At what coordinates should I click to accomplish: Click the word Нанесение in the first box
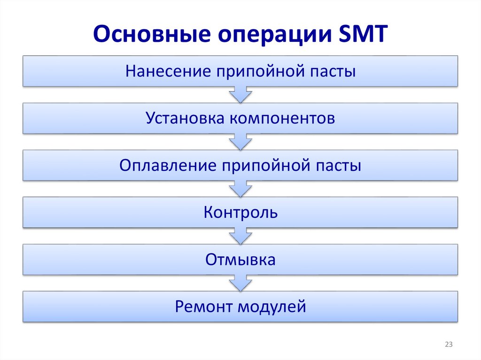(163, 71)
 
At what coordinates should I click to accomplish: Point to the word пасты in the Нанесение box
(334, 72)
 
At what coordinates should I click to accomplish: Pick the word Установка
(185, 118)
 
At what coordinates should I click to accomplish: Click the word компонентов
(282, 119)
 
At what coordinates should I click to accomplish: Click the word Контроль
(240, 213)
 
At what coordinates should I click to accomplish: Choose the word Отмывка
(240, 260)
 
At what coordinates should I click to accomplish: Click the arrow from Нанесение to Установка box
(240, 95)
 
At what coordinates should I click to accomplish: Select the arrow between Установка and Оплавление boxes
(240, 142)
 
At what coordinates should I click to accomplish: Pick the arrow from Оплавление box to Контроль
(240, 189)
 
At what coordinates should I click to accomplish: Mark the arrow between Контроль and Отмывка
(240, 236)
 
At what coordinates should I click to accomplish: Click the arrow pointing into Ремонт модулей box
(240, 283)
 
